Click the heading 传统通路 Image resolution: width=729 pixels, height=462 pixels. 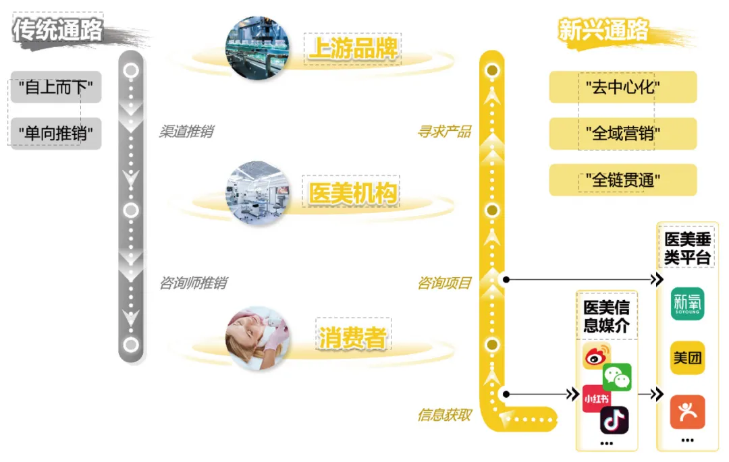click(x=58, y=30)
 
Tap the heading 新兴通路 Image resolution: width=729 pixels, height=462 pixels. click(x=603, y=30)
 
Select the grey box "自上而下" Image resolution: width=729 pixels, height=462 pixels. click(x=56, y=88)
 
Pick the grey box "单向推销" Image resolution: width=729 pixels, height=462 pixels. click(x=56, y=134)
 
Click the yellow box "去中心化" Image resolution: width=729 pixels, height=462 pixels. click(x=622, y=88)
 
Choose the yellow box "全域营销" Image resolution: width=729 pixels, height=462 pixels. click(x=622, y=134)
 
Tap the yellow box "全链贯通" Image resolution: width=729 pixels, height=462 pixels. click(x=622, y=180)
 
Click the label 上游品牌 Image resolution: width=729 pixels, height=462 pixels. click(x=353, y=49)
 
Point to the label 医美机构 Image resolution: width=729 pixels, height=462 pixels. click(x=353, y=194)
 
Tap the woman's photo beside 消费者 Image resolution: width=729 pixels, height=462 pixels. click(x=257, y=339)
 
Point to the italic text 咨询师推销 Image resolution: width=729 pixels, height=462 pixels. click(x=192, y=283)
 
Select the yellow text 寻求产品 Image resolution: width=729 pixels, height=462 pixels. click(x=443, y=132)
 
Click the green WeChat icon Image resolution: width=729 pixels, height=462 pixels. click(x=617, y=377)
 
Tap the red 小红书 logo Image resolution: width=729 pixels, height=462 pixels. click(x=596, y=398)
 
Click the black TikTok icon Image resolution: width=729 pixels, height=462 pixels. click(x=614, y=420)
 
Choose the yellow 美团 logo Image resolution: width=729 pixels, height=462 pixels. click(x=687, y=358)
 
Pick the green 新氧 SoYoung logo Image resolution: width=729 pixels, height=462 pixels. click(x=687, y=304)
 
